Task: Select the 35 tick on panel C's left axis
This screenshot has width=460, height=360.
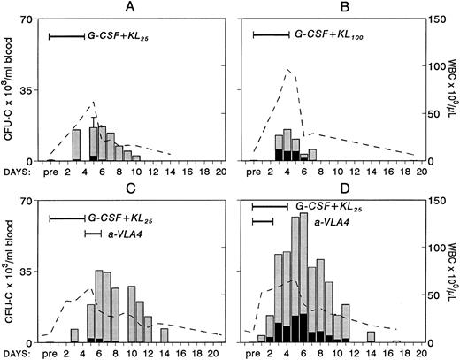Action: click(x=31, y=272)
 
